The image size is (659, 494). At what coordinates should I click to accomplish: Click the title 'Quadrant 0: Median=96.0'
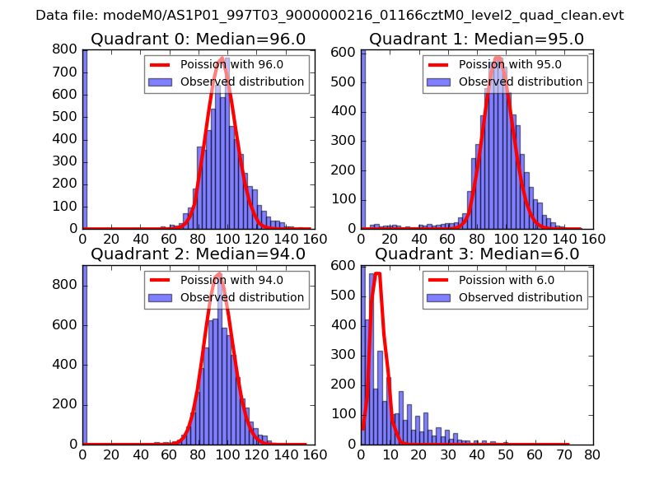point(198,40)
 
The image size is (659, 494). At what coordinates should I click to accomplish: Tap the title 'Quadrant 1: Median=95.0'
point(476,40)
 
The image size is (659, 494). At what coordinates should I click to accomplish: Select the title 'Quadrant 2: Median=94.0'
point(198,254)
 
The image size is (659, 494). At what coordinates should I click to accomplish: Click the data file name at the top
point(329,15)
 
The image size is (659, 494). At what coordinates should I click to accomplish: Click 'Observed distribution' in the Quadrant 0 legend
point(242,82)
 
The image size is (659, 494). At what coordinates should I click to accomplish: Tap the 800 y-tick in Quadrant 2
point(65,285)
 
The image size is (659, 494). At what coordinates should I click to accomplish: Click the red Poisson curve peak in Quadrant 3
point(377,273)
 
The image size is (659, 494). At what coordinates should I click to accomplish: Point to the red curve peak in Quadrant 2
point(218,274)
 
